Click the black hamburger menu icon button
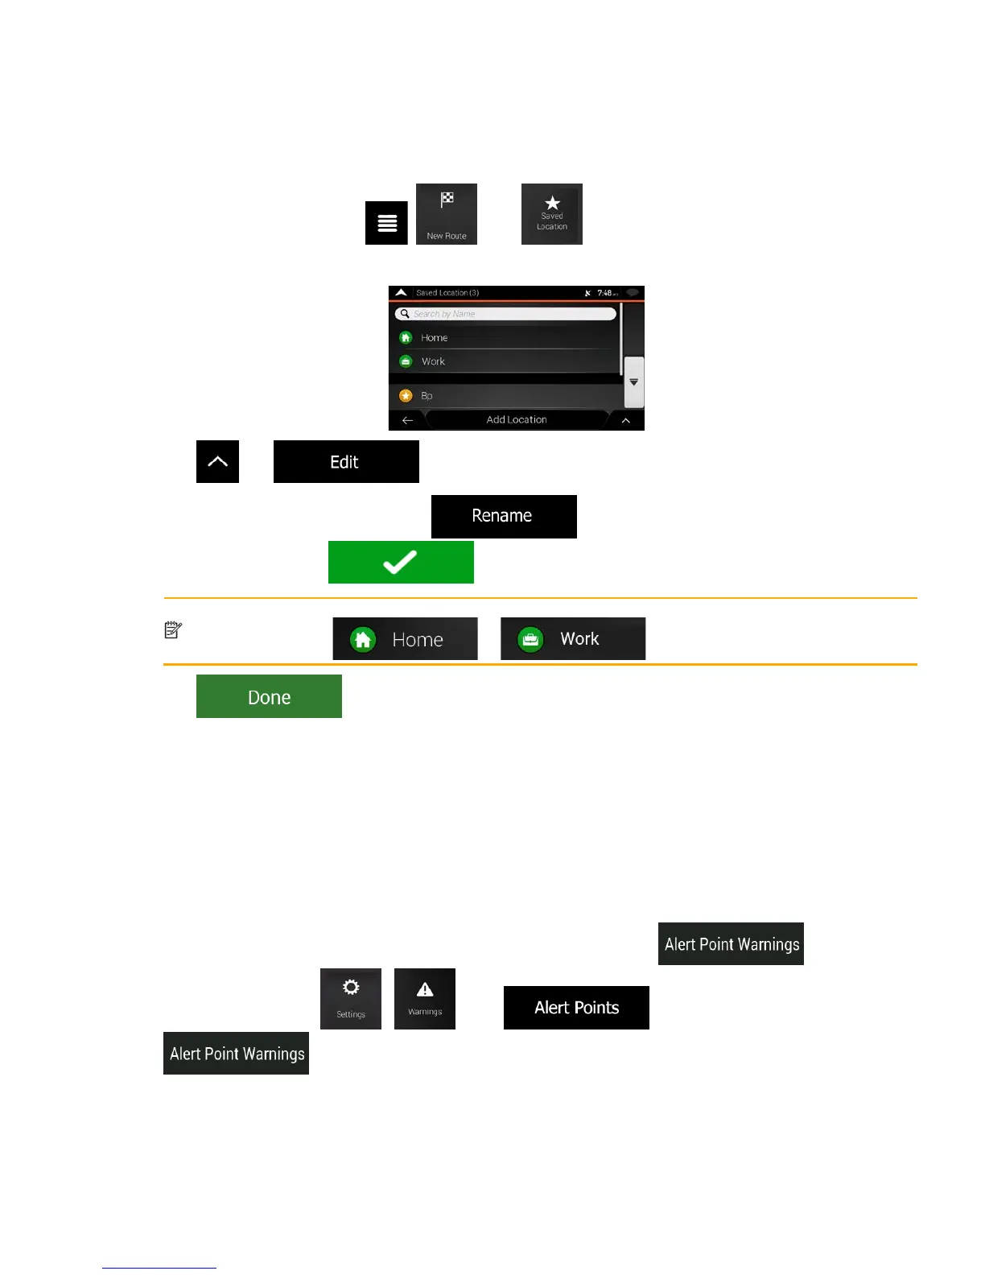tap(386, 223)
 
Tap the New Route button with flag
tap(447, 214)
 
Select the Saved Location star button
tap(552, 214)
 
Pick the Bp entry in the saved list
tap(427, 395)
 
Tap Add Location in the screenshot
tap(516, 419)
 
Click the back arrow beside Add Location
tap(407, 420)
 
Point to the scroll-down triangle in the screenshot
tap(634, 382)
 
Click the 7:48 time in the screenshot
tap(605, 293)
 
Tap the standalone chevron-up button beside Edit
tap(217, 461)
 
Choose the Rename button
tap(504, 516)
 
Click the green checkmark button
tap(401, 562)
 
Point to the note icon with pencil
tap(173, 629)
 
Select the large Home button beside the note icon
tap(405, 639)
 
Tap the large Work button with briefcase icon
tap(573, 639)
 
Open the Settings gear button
tap(351, 998)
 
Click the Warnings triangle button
tap(425, 998)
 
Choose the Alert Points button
tap(576, 1008)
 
